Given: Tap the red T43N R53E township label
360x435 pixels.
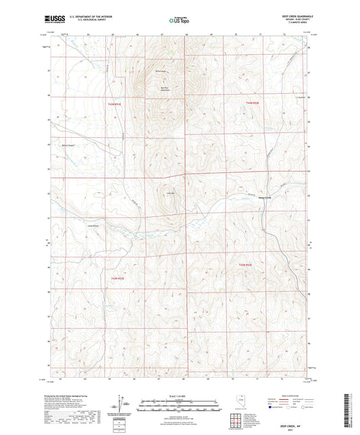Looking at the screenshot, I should [251, 102].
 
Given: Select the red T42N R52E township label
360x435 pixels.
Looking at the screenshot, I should [118, 277].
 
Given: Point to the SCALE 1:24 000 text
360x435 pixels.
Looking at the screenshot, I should [180, 396].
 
